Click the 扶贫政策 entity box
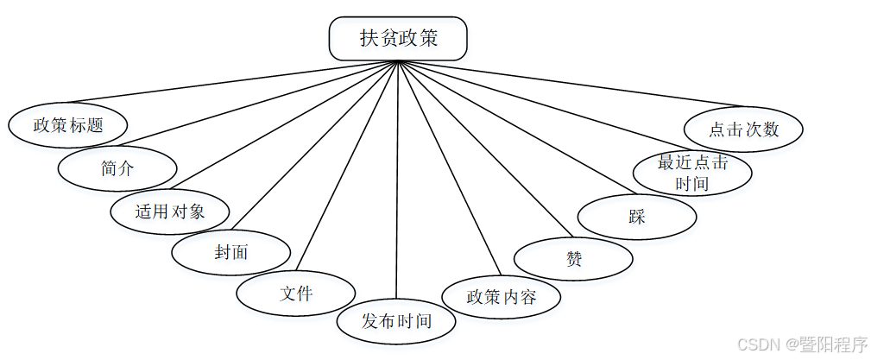coord(398,40)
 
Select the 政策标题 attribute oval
coord(68,124)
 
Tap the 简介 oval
coord(117,168)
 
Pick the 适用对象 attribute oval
coord(170,211)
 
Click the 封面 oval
coord(230,252)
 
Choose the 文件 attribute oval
coord(296,293)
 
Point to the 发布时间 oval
coord(396,321)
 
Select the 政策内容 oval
coord(502,297)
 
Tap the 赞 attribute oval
coord(573,258)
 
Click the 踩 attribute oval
coord(637,217)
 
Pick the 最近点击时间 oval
coord(692,173)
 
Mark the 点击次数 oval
coord(743,129)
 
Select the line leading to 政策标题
coord(233,83)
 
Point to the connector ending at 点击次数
coord(570,85)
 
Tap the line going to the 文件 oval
coord(345,168)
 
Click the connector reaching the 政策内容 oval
coord(449,168)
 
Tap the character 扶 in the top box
coord(369,39)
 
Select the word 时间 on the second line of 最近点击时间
coord(692,183)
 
